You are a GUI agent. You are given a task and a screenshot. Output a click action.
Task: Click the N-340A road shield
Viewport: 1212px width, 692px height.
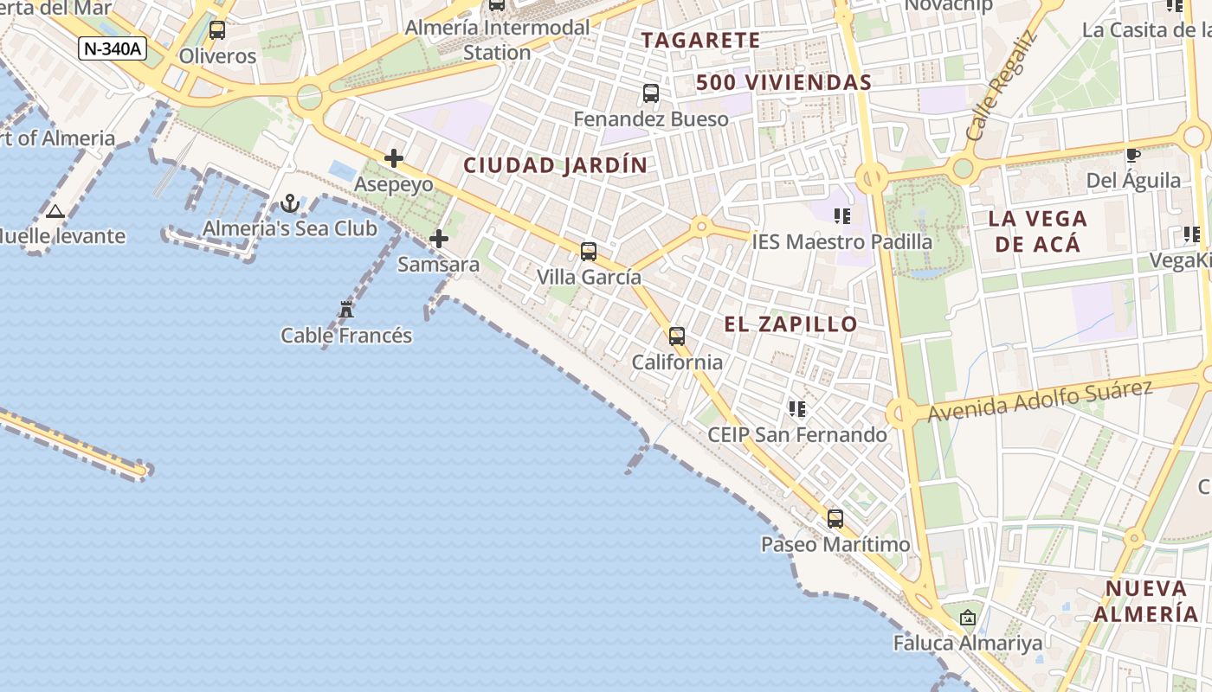[113, 48]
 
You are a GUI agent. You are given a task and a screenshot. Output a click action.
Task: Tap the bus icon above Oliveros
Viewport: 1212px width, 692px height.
[217, 30]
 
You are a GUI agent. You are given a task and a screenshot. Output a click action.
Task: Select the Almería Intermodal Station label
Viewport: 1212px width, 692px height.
[497, 40]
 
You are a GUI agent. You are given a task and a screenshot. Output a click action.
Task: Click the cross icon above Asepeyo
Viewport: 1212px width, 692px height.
[394, 158]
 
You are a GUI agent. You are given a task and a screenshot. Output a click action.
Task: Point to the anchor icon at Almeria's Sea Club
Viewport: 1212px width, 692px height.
[290, 203]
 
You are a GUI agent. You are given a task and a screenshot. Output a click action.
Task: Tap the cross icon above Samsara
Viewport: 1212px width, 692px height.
[439, 239]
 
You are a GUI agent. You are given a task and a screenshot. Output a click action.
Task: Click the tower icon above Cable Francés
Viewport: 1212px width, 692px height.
[346, 309]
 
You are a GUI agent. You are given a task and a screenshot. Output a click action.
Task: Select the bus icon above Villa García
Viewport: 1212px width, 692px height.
[589, 252]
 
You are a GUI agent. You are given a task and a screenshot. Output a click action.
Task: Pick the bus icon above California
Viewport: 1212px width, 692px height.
[677, 336]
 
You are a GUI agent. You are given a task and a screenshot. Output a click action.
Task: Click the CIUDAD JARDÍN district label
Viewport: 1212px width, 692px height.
[555, 165]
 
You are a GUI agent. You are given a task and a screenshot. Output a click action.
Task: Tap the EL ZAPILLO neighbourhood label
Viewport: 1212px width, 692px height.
[790, 324]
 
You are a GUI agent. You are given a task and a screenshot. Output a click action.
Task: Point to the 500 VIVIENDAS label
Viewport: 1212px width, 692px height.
[783, 83]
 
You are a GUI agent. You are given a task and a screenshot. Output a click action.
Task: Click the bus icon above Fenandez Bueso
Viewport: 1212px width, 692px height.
[651, 93]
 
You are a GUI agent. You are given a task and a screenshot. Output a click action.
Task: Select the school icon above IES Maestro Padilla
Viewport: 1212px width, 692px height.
[841, 216]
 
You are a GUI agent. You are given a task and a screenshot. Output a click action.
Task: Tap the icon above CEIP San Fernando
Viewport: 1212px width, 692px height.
[796, 408]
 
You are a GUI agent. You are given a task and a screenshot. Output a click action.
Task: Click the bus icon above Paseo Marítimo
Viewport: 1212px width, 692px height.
[835, 519]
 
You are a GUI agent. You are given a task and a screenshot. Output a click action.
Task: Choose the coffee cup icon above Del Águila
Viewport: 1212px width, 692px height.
[1132, 156]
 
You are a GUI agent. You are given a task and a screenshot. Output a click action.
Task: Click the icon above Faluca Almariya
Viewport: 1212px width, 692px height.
[968, 618]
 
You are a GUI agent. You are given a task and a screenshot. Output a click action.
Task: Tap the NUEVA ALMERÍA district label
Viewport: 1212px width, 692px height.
[1145, 601]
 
